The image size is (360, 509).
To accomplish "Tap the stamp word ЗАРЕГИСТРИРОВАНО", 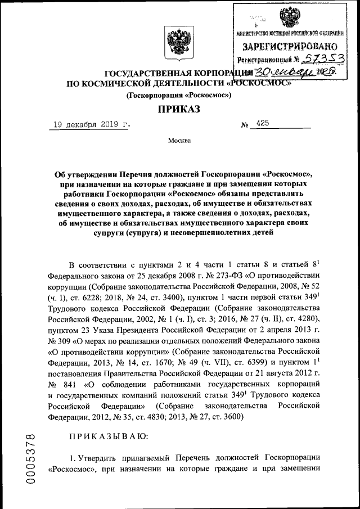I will pyautogui.click(x=290, y=46).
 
